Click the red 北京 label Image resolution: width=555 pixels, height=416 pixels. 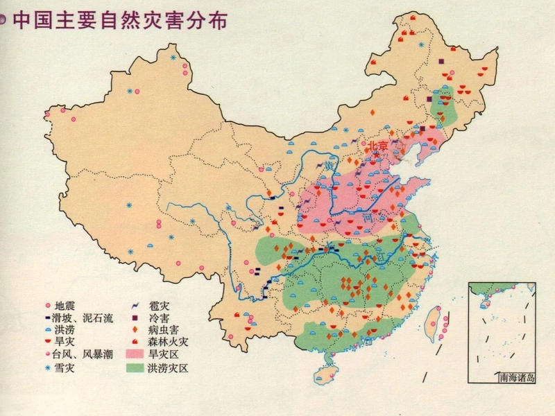coord(379,146)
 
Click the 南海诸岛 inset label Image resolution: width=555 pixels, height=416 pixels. coord(517,378)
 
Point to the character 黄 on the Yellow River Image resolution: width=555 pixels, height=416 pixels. coord(329,166)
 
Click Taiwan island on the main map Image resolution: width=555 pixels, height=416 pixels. coord(439,322)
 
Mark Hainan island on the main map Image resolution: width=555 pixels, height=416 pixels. coord(323,374)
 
